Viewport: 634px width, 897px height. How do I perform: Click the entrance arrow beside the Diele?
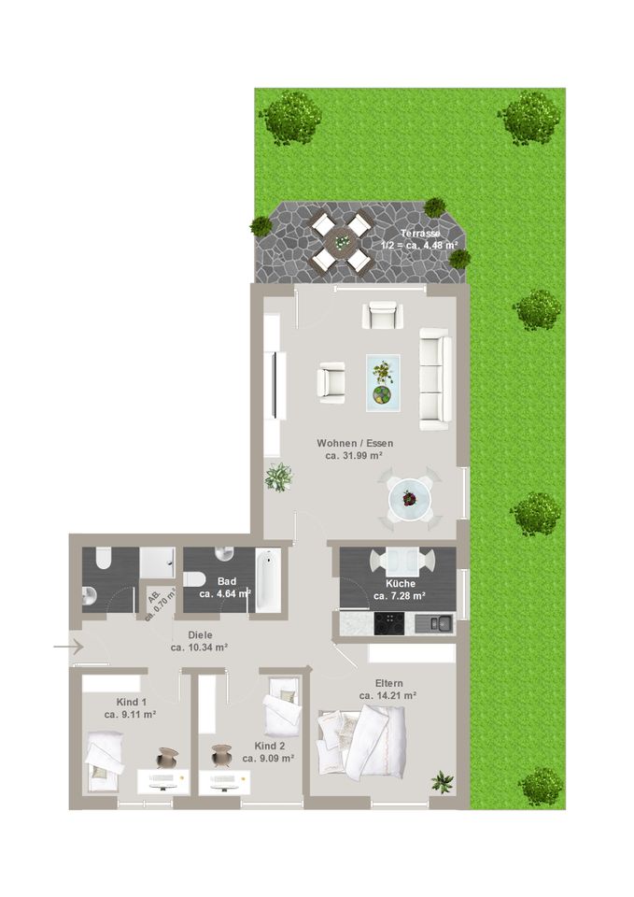click(x=68, y=647)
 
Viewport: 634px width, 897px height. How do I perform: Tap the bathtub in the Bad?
click(x=268, y=580)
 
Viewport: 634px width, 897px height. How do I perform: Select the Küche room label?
click(x=401, y=583)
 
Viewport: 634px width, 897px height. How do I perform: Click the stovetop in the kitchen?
click(x=388, y=623)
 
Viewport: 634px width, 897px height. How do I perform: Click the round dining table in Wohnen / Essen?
click(x=409, y=499)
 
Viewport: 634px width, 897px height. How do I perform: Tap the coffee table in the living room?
click(x=383, y=382)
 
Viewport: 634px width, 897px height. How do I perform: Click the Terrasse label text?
click(x=420, y=234)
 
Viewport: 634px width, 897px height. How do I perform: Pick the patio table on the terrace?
click(x=342, y=241)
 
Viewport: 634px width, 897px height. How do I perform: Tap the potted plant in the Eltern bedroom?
click(x=443, y=781)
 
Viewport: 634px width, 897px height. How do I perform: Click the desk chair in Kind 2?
click(x=221, y=755)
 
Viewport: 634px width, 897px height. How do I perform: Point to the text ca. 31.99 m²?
click(x=354, y=456)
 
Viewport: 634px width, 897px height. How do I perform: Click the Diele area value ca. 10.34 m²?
click(x=200, y=648)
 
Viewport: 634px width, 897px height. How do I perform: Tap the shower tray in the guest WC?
click(x=157, y=562)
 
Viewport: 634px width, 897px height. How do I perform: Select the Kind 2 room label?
click(x=270, y=746)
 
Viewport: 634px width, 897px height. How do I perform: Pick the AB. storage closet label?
click(x=154, y=597)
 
